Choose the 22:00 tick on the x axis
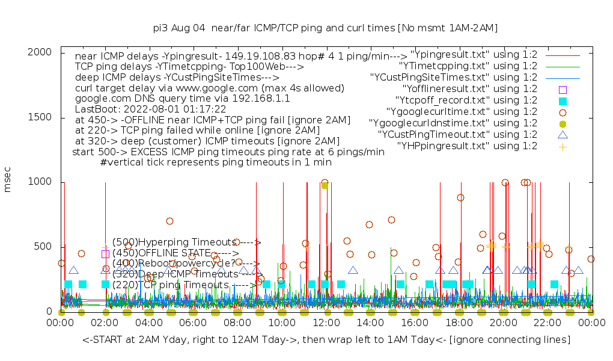pos(547,324)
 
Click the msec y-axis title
pos(8,182)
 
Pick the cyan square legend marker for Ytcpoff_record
pos(563,100)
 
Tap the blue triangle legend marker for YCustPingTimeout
pos(563,135)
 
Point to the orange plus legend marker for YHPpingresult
pos(563,146)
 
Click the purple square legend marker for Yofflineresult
pos(563,89)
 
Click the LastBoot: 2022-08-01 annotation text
pos(150,110)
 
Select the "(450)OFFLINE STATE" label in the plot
pos(175,253)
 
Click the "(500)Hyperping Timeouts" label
pos(186,242)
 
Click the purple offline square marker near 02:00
pos(106,253)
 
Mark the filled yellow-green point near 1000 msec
pos(325,185)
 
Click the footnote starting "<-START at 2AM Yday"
pos(326,340)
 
